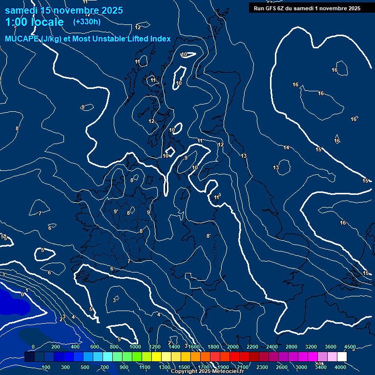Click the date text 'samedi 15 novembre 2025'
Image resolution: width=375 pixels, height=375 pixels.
click(64, 10)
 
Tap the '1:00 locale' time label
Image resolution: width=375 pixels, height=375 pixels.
click(34, 22)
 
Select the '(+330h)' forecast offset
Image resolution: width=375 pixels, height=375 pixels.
click(86, 22)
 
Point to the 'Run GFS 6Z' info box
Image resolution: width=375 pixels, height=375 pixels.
click(307, 8)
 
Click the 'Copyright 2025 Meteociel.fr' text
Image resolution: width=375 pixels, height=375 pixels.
click(207, 372)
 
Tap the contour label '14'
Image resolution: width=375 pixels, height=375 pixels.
click(286, 147)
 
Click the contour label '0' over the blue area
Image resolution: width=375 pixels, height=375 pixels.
click(22, 294)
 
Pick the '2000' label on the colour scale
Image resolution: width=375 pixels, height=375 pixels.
click(233, 347)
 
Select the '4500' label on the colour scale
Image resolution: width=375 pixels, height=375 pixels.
click(350, 347)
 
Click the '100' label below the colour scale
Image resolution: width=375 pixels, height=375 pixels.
click(46, 367)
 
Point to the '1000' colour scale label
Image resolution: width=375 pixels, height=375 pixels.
click(135, 347)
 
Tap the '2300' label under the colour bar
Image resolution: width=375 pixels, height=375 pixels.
click(262, 367)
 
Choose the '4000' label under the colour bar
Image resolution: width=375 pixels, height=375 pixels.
click(340, 367)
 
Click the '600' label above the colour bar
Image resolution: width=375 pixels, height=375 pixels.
click(95, 347)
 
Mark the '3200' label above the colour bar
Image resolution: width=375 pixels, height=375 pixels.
click(311, 347)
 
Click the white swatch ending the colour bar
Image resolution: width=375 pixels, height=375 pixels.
click(342, 357)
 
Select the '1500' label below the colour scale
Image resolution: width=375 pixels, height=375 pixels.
click(184, 367)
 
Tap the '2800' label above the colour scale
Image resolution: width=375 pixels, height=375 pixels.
click(292, 347)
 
